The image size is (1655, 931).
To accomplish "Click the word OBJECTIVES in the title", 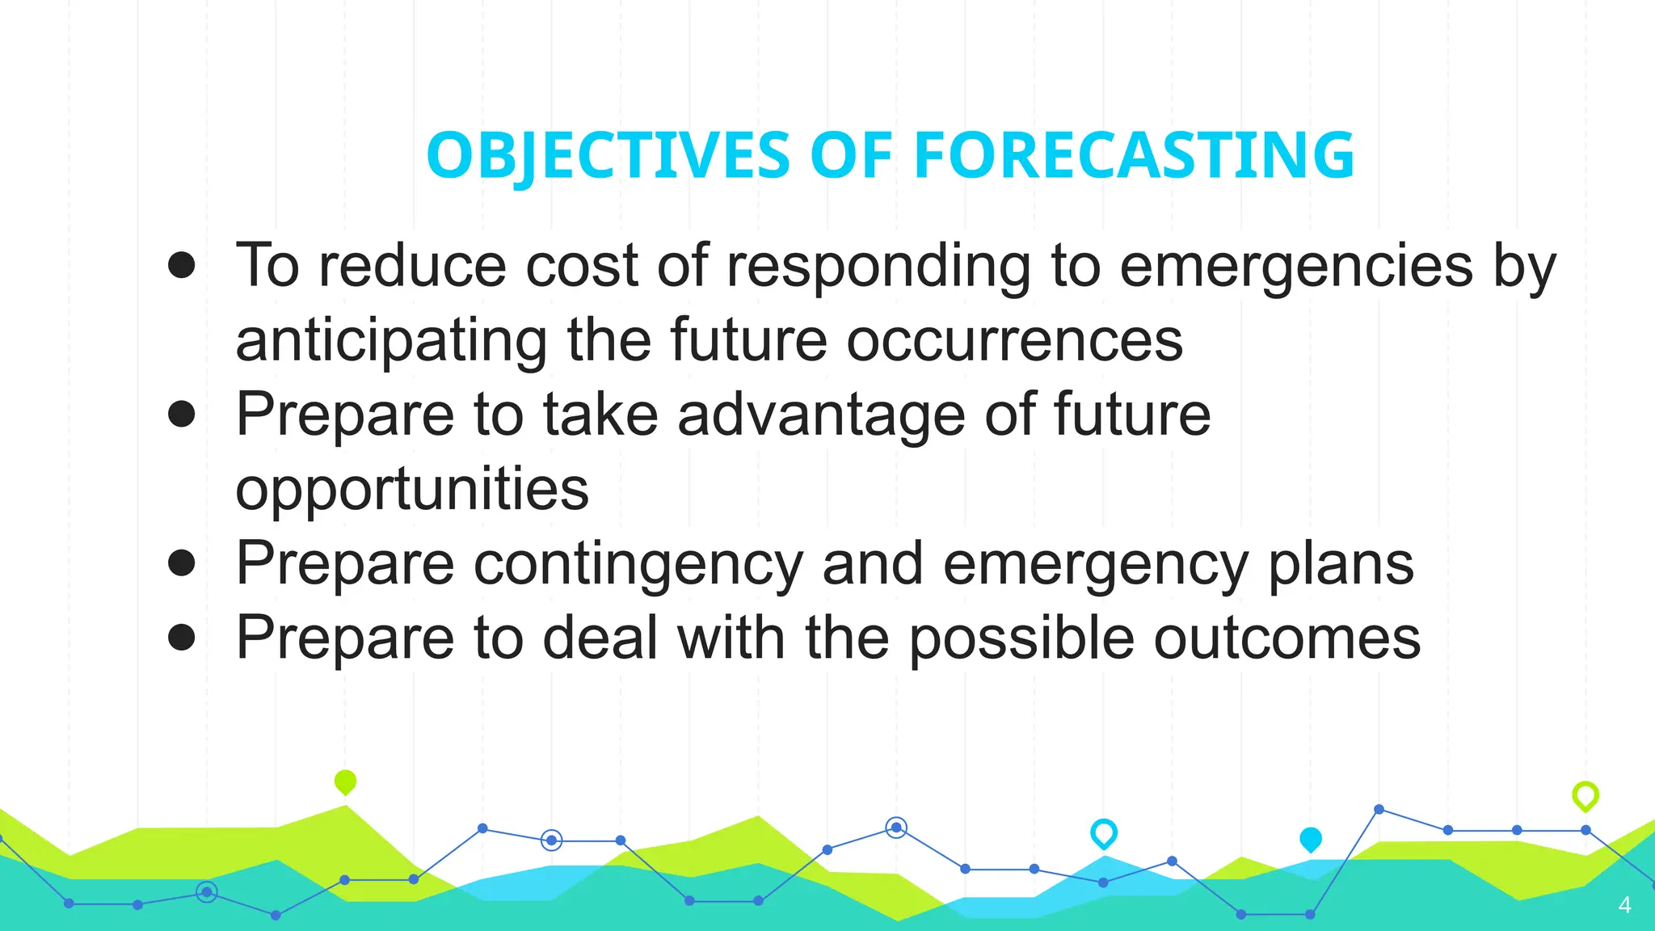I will (x=608, y=155).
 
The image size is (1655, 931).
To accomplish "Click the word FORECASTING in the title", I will (x=1134, y=155).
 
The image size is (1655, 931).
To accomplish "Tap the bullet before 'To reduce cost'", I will (x=182, y=265).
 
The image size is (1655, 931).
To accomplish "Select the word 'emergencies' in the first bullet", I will (x=1296, y=267).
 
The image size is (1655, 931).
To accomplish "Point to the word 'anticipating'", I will (x=392, y=341).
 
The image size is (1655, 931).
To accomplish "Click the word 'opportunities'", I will (x=412, y=490).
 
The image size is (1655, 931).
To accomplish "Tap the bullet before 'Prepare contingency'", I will (x=182, y=562).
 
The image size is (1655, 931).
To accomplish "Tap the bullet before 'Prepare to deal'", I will (x=182, y=637).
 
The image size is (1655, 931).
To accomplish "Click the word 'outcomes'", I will (x=1287, y=638).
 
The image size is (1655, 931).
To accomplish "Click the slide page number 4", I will (x=1624, y=905).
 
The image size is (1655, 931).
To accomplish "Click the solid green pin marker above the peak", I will (x=345, y=781).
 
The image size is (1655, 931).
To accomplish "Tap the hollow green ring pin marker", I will (x=1586, y=795).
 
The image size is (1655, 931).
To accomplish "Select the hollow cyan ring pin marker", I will (x=1104, y=832).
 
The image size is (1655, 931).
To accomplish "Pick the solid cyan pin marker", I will (x=1311, y=839).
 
